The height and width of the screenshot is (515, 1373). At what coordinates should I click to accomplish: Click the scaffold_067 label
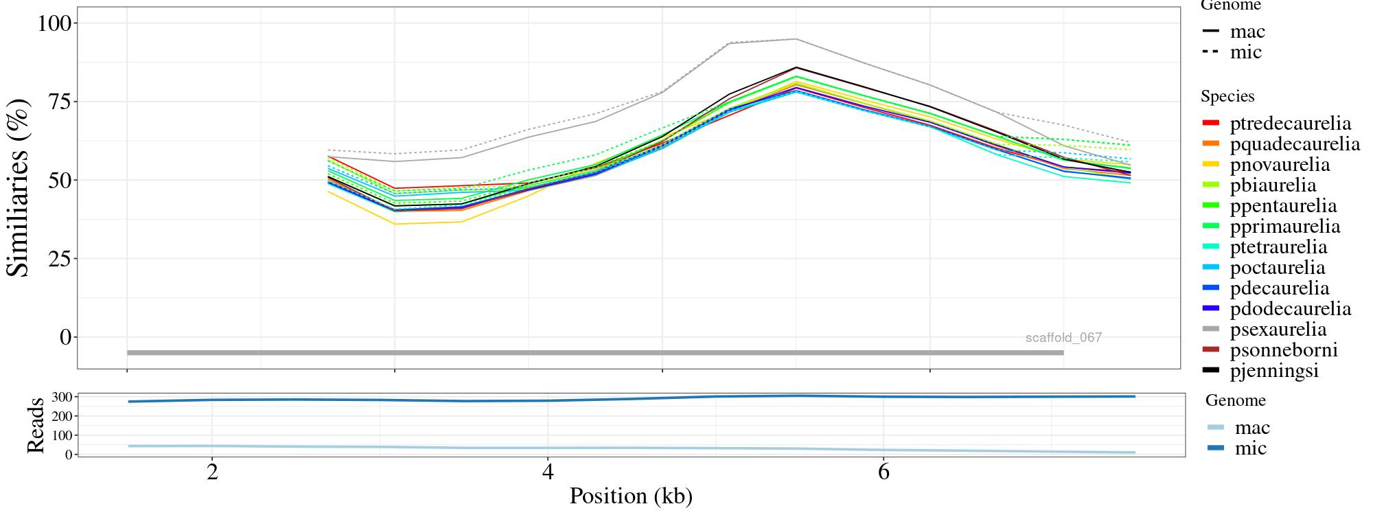1063,338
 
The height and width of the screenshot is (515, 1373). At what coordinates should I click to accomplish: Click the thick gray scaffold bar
595,353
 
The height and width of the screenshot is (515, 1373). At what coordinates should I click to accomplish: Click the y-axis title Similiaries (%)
19,188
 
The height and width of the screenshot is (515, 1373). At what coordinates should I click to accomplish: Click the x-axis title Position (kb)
630,496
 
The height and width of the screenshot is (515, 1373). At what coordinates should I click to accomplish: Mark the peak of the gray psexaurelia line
796,39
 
